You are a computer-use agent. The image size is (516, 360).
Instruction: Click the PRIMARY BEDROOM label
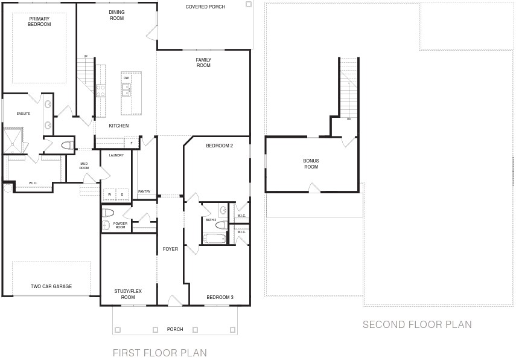point(39,21)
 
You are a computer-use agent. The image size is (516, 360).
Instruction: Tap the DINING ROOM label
point(116,15)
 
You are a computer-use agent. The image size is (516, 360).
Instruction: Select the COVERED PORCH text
point(205,7)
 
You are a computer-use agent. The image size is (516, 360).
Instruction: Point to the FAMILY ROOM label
point(203,62)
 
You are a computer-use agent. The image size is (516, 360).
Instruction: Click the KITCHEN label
point(118,126)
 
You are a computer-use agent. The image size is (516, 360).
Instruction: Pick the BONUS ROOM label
point(311,164)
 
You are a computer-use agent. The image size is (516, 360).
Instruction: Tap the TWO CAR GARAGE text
point(51,286)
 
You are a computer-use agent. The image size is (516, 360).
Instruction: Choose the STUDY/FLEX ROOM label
point(128,294)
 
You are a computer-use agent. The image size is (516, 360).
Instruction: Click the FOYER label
point(170,249)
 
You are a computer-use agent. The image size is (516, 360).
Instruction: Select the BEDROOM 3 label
point(220,297)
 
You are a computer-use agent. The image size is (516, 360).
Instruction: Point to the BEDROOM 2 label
point(219,146)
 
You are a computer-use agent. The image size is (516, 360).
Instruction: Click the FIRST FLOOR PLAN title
point(160,353)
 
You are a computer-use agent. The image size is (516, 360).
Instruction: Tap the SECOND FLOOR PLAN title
point(417,324)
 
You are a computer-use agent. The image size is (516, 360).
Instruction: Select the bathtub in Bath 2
point(214,239)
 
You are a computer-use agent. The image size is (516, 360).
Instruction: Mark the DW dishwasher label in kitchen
point(126,78)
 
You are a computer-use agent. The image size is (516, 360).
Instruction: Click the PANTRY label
point(144,191)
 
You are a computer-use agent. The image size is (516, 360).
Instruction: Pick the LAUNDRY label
point(116,155)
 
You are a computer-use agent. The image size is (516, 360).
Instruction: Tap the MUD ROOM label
point(84,165)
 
